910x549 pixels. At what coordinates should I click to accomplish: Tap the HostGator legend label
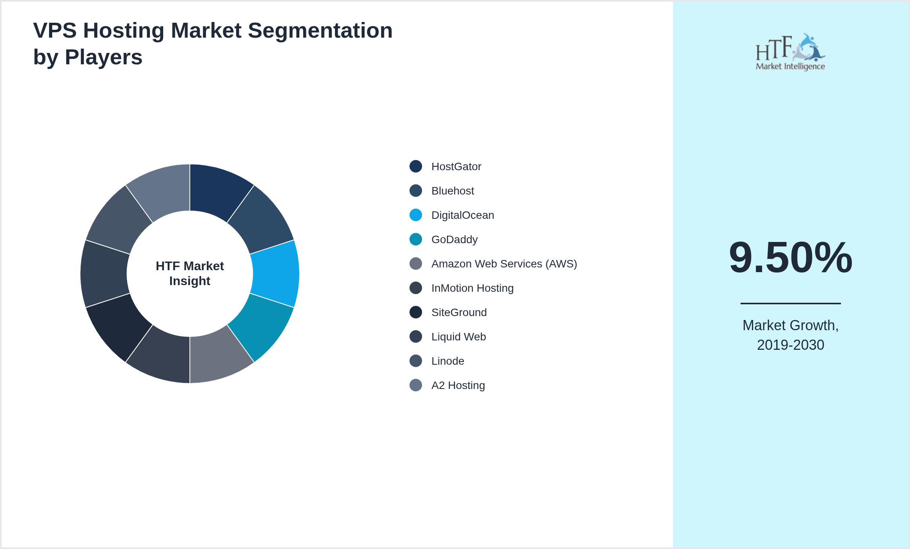tap(456, 167)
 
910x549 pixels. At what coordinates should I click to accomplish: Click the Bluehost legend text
tap(453, 191)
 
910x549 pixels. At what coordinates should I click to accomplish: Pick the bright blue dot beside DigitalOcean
tap(416, 215)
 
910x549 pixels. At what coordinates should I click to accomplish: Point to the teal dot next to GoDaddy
tap(416, 239)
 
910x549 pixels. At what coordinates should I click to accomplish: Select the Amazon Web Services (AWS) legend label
tap(504, 264)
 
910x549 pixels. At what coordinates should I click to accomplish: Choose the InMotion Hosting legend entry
tap(472, 288)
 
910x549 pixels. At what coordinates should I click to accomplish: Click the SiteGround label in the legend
tap(459, 313)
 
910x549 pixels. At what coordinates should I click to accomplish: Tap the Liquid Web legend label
tap(459, 337)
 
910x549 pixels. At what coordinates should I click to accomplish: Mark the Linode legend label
tap(448, 361)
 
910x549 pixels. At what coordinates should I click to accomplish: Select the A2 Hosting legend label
tap(458, 385)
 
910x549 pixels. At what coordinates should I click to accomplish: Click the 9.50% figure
tap(790, 258)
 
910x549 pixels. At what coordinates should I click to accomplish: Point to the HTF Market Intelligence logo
tap(790, 52)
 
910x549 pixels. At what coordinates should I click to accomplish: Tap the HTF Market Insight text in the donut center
tap(190, 273)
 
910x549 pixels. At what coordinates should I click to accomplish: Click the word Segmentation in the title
tap(320, 31)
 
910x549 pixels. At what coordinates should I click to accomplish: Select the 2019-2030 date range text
tap(790, 345)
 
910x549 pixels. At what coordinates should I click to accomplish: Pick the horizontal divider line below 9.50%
tap(790, 303)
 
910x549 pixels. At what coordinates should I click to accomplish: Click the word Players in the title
tap(104, 57)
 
